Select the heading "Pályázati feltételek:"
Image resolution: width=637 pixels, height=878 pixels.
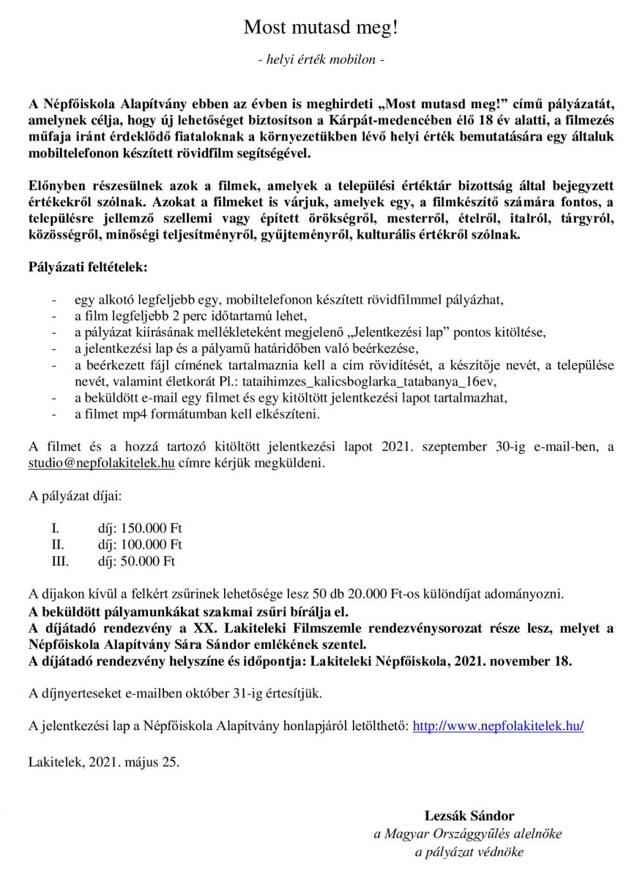(x=88, y=267)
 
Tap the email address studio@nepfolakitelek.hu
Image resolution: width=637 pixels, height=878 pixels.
(x=101, y=463)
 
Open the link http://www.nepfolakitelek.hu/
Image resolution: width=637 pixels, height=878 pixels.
(x=498, y=726)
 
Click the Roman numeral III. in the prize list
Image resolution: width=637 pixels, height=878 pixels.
(x=59, y=562)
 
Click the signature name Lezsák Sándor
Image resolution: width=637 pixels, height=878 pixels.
(x=469, y=816)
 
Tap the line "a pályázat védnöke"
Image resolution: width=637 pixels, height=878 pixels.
(x=469, y=852)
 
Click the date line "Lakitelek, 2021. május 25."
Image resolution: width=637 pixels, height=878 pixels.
(x=103, y=762)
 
